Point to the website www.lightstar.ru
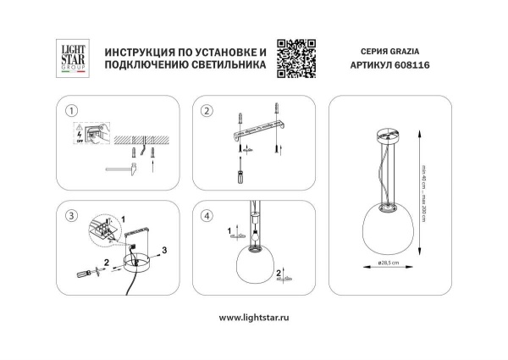(253, 318)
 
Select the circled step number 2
(206, 111)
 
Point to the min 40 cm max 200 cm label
(428, 191)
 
